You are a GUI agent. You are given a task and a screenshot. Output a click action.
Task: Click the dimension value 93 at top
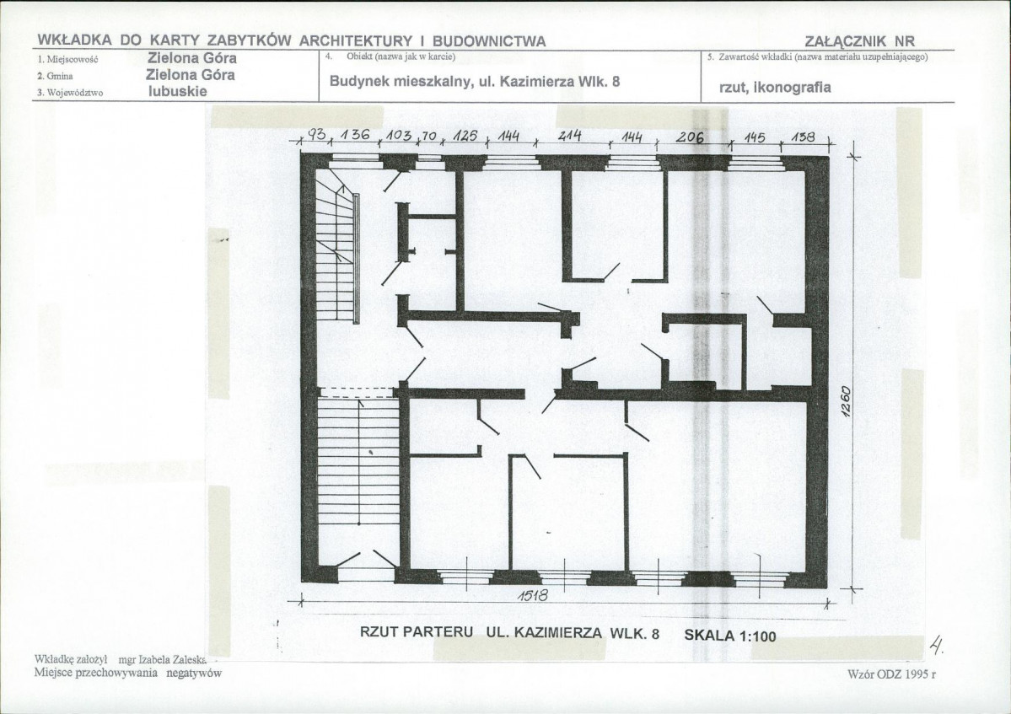pyautogui.click(x=317, y=135)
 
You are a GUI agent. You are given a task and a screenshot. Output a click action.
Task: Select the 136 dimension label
pyautogui.click(x=355, y=136)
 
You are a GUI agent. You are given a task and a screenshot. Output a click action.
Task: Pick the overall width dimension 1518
pyautogui.click(x=533, y=595)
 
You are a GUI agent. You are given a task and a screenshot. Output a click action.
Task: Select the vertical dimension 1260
pyautogui.click(x=847, y=401)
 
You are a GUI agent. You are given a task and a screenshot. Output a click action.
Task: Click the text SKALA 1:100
pyautogui.click(x=730, y=636)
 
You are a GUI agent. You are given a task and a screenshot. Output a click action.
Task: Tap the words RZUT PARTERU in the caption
pyautogui.click(x=417, y=632)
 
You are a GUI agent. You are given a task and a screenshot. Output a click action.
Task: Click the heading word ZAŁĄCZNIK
pyautogui.click(x=844, y=41)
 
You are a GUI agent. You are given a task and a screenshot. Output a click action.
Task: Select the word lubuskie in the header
pyautogui.click(x=178, y=91)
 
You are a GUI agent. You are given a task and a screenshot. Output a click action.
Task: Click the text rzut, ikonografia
pyautogui.click(x=775, y=87)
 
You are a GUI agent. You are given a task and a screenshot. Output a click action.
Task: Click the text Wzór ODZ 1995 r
pyautogui.click(x=891, y=674)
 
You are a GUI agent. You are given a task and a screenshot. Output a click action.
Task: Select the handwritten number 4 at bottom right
pyautogui.click(x=936, y=644)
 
